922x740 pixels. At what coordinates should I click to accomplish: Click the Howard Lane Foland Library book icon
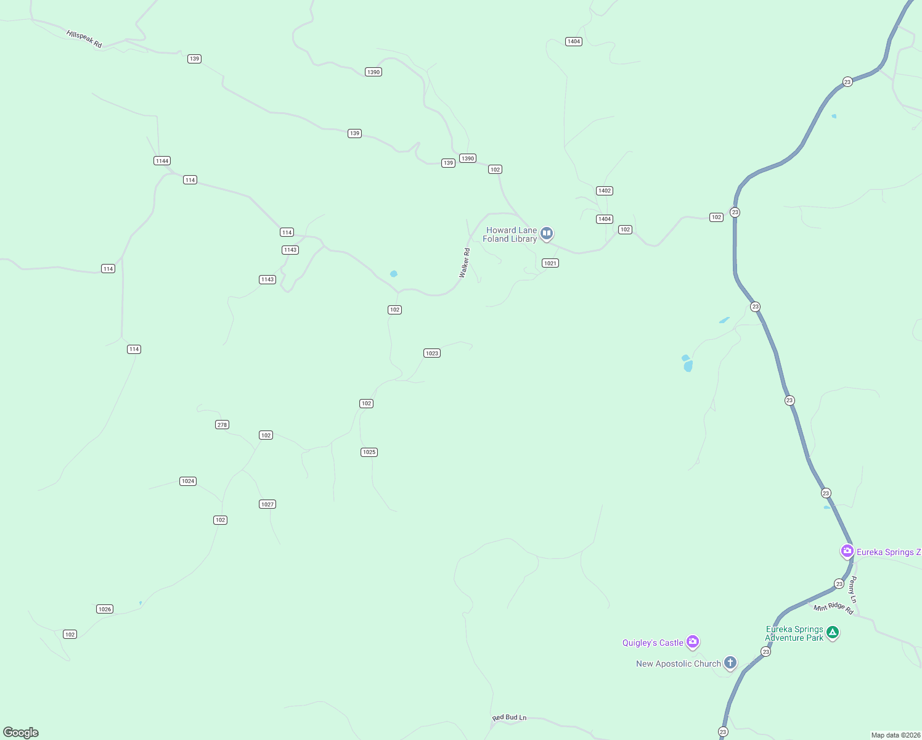pos(546,233)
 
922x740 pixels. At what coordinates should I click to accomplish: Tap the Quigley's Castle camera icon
pos(693,642)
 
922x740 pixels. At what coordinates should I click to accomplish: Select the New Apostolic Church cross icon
pos(730,663)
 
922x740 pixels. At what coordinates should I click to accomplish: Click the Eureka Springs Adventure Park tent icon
pos(832,632)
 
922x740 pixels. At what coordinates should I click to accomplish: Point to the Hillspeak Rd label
pos(84,39)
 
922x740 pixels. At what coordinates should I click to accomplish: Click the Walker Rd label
pos(465,263)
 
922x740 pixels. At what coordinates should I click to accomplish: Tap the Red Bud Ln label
pos(509,717)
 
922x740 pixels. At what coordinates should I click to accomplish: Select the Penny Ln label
pos(853,590)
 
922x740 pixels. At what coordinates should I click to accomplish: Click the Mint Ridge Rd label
pos(833,608)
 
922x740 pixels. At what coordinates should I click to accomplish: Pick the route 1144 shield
pos(162,161)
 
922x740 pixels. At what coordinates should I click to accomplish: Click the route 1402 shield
pos(605,191)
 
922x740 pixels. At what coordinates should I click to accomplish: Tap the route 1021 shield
pos(550,263)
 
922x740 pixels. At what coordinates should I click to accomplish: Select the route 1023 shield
pos(432,353)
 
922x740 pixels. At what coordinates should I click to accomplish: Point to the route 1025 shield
pos(369,452)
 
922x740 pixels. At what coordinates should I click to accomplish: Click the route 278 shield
pos(222,424)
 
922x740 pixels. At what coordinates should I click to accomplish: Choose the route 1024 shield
pos(188,481)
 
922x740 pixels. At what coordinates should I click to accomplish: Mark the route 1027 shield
pos(267,504)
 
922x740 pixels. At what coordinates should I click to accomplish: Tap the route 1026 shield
pos(105,609)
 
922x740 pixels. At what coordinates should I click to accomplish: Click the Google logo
pos(21,733)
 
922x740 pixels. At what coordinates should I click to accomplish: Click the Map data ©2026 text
pos(895,735)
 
